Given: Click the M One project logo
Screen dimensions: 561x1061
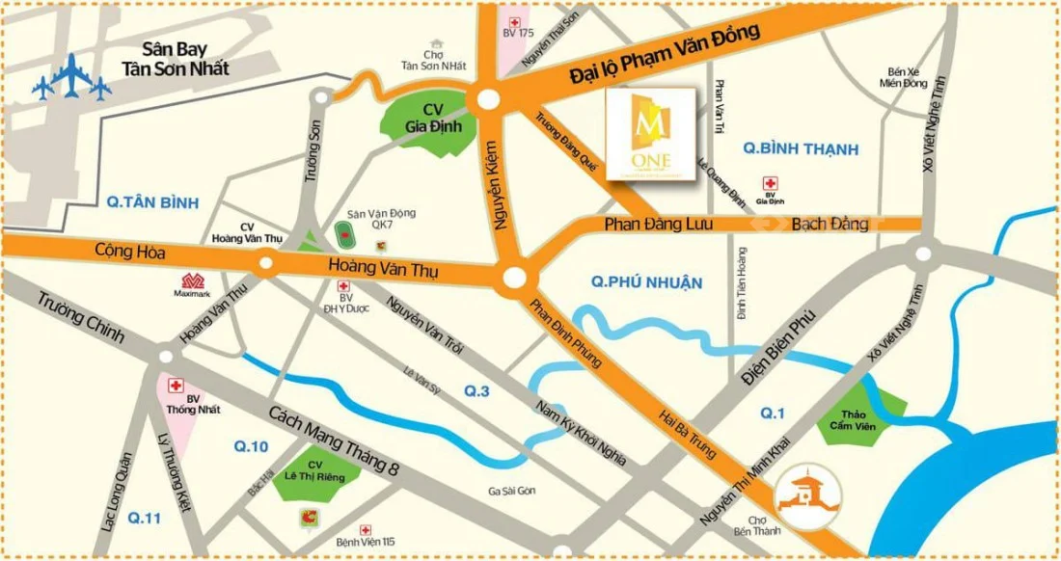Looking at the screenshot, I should coord(650,133).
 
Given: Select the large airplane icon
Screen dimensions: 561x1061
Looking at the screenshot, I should coord(70,78).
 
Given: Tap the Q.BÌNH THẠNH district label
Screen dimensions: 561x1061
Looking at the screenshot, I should coord(801,148).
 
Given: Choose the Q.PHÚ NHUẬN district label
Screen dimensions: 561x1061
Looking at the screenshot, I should coord(646,282).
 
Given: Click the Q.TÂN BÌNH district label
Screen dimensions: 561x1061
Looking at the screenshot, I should coord(152,202).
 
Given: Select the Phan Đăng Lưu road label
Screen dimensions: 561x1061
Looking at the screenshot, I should coord(654,224).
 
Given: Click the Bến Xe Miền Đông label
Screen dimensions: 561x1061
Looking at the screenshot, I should coord(902,77).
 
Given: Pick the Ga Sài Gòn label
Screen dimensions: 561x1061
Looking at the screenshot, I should coord(511,492).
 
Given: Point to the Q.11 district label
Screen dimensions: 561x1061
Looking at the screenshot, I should coord(143,519).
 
